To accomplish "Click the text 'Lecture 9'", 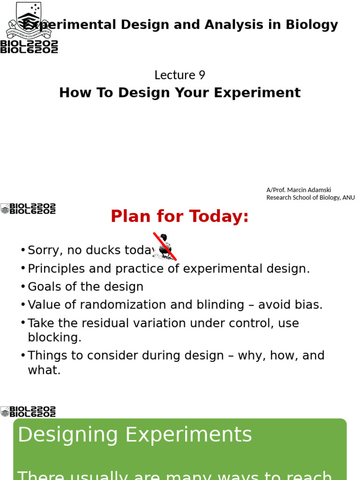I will pyautogui.click(x=180, y=75).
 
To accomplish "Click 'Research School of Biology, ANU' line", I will pyautogui.click(x=310, y=197).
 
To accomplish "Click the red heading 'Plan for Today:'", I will pyautogui.click(x=180, y=217).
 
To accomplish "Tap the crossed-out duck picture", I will pyautogui.click(x=165, y=246).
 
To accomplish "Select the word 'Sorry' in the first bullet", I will pyautogui.click(x=45, y=250).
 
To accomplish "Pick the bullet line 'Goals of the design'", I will pyautogui.click(x=85, y=286).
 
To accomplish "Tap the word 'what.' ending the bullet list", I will pyautogui.click(x=44, y=370).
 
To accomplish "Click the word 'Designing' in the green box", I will pyautogui.click(x=68, y=435).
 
